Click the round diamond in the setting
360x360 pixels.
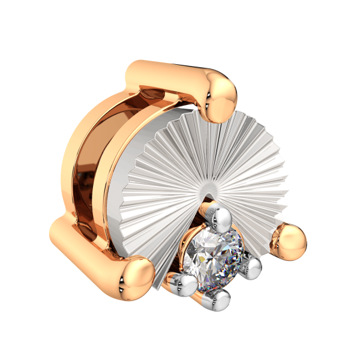click(215, 258)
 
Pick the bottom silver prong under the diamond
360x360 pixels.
click(220, 298)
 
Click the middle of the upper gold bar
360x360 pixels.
click(171, 75)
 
